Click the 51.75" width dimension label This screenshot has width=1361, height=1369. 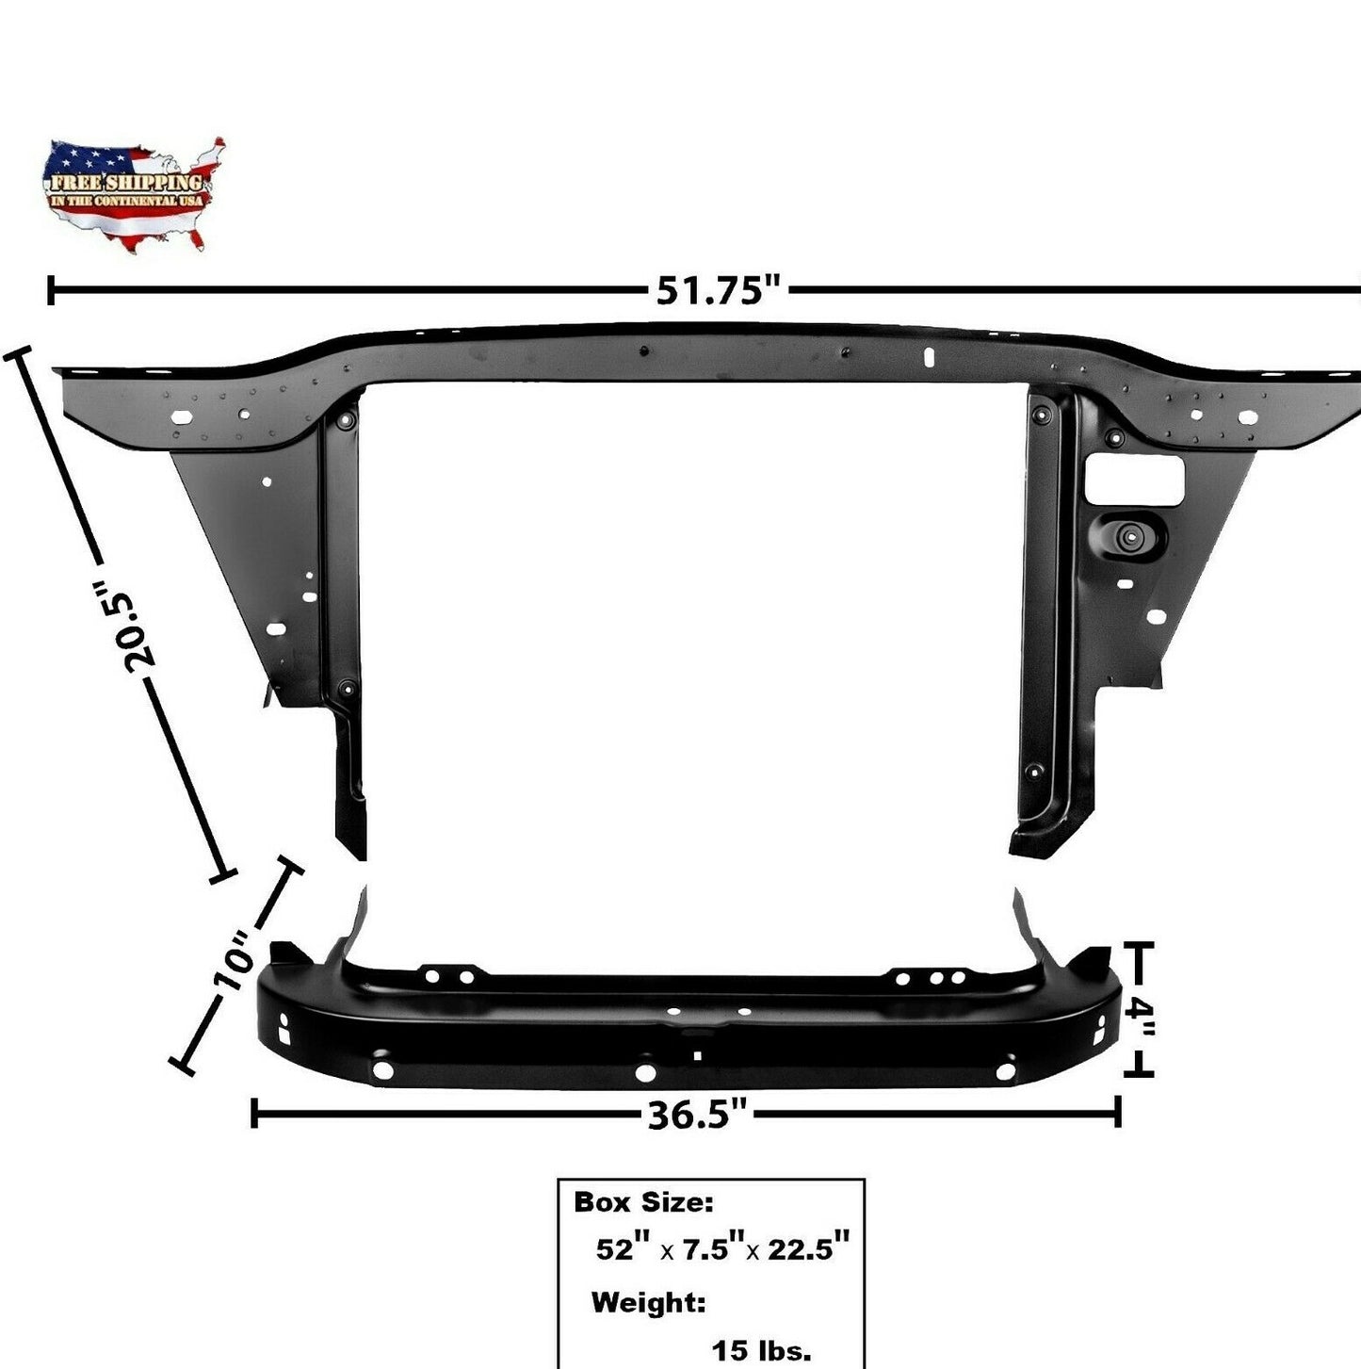[721, 291]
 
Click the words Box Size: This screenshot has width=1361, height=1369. [643, 1202]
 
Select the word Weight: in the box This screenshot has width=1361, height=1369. [648, 1303]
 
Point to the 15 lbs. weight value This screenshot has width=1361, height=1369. [761, 1351]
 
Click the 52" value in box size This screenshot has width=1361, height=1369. [624, 1250]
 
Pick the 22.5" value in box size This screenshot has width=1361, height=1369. [809, 1250]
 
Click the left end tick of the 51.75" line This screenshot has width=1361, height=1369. [50, 291]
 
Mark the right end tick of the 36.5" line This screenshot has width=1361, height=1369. [1118, 1113]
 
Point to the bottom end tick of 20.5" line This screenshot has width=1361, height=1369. [222, 876]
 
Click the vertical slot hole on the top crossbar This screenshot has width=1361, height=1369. [928, 358]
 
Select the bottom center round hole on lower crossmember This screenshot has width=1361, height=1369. [645, 1073]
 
